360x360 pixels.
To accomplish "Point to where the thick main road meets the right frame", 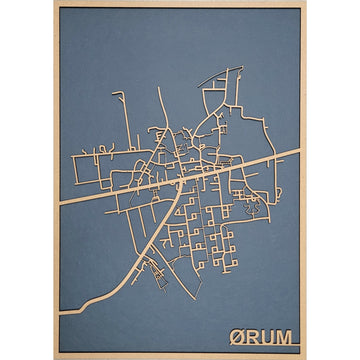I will [x=299, y=151].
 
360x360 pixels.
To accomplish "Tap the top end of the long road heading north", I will [x=159, y=88].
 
